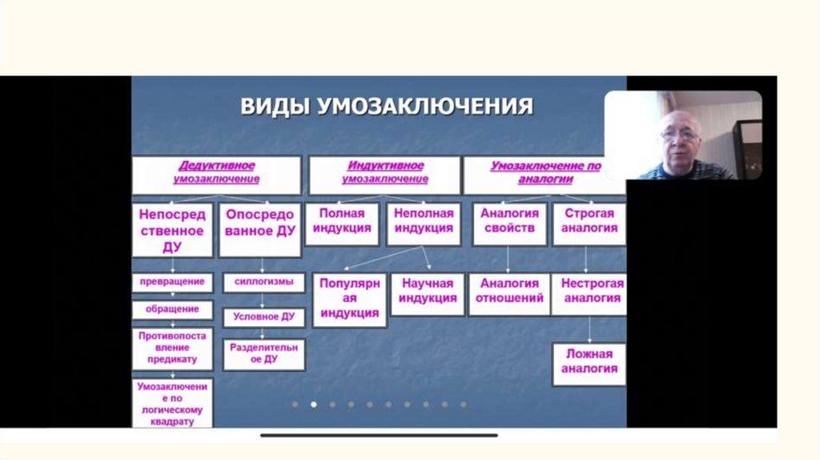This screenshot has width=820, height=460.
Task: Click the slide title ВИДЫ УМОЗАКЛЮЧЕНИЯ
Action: coord(387,107)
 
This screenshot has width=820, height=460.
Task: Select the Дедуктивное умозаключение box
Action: coord(216,172)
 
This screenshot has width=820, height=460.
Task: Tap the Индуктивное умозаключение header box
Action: coord(384,172)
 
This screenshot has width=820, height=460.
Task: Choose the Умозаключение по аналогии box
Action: coord(545,172)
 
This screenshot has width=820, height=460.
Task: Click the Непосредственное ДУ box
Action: coord(172,230)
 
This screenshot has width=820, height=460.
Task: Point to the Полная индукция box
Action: coord(344,221)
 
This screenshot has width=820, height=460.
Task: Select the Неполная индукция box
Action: coord(425,221)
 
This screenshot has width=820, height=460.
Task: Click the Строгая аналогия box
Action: coord(589,221)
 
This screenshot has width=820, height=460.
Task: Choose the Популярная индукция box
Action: coord(349,298)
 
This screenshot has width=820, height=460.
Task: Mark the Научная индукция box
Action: coord(428,292)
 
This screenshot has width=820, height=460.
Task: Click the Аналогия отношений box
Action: coord(509,292)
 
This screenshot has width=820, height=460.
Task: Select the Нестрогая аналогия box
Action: coord(592,292)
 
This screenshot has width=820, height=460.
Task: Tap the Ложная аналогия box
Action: coord(589,361)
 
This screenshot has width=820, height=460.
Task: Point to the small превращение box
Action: coord(172,282)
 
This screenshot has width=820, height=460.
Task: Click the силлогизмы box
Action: coord(264,282)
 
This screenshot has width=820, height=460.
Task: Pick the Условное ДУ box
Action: coord(264,317)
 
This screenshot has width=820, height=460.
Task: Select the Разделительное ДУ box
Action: coord(264,353)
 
